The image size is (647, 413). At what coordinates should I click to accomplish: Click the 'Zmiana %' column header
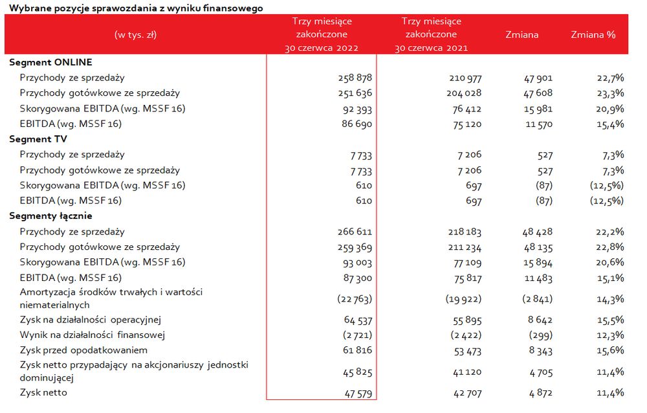593,35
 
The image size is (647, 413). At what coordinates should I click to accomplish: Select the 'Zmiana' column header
522,35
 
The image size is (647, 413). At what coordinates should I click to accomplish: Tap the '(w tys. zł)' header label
135,35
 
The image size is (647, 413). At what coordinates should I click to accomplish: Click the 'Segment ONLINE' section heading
50,62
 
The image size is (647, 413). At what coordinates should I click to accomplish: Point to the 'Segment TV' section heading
38,139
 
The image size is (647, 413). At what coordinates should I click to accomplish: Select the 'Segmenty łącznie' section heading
50,216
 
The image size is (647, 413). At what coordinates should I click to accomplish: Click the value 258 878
355,78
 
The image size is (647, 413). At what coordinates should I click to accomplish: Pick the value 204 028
464,93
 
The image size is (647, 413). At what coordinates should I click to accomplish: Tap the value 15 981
538,109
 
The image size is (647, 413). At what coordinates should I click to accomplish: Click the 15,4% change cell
610,124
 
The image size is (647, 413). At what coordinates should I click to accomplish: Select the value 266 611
355,232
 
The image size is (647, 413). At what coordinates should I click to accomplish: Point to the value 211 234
465,247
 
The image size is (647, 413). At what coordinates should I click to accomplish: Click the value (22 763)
355,298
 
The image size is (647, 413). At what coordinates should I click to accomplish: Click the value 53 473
468,352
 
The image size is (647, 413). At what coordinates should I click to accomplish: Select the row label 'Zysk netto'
43,392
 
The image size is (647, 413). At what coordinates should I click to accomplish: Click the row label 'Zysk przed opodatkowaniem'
83,350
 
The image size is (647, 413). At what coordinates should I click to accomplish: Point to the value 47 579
358,394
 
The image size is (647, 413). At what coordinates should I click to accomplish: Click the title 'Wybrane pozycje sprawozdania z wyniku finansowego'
136,8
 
